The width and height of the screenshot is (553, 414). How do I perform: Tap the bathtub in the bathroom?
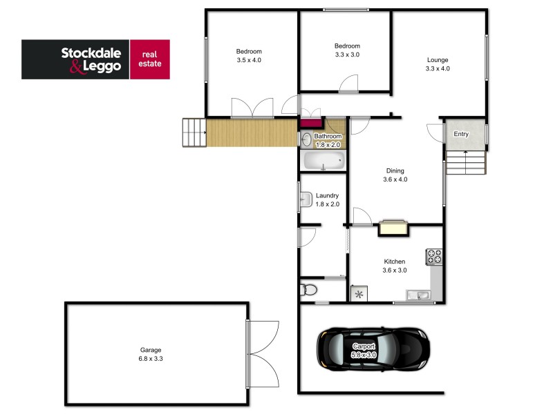click(324, 162)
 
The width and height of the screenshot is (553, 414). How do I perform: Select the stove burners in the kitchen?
click(434, 257)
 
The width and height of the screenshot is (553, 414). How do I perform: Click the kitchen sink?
click(419, 296)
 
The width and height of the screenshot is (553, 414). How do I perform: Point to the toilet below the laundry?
click(308, 289)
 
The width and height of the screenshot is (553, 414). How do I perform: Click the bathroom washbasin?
click(306, 139)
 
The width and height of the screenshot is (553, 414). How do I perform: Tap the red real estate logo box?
click(150, 59)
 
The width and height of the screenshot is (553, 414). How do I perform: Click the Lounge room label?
click(438, 63)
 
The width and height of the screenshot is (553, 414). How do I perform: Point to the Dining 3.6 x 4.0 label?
click(395, 175)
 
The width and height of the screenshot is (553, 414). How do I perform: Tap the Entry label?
click(461, 134)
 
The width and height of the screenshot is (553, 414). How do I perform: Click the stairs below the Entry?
click(465, 163)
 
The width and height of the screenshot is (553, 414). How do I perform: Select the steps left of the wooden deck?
click(194, 132)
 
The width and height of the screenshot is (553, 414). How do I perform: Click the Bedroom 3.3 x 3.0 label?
click(347, 50)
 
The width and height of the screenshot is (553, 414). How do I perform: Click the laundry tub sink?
click(305, 200)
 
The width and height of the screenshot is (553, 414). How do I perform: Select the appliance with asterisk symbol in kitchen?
click(359, 295)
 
